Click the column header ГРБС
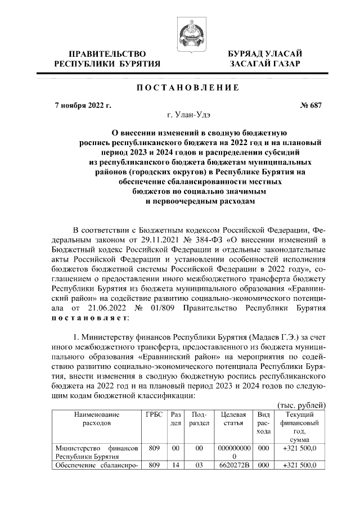pos(154,415)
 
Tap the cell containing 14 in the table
pos(175,466)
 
